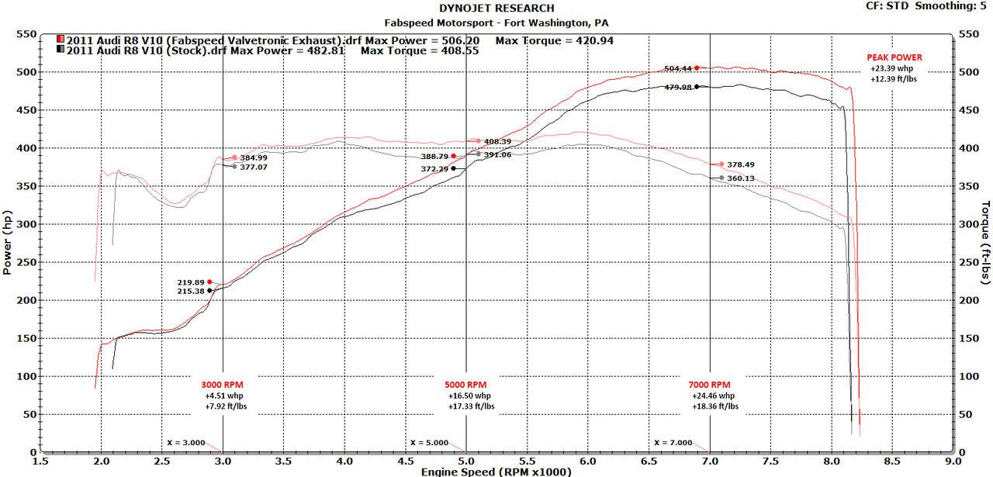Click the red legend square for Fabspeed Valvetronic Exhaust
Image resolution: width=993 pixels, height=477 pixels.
click(61, 40)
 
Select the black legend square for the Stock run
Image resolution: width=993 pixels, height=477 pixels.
click(61, 50)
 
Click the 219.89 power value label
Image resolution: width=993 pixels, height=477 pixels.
click(191, 282)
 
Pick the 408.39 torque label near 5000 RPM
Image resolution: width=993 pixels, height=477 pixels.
click(497, 142)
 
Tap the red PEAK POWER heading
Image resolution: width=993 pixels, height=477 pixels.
click(894, 57)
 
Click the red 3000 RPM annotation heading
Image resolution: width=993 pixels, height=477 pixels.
click(222, 385)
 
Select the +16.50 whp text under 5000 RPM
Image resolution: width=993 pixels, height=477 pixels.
click(465, 396)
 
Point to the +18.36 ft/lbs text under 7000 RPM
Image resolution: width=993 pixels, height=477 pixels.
click(709, 406)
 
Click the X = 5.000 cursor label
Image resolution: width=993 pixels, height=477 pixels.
click(429, 443)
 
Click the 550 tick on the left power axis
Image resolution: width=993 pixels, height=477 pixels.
click(27, 35)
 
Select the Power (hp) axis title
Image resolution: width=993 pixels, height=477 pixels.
click(8, 242)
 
